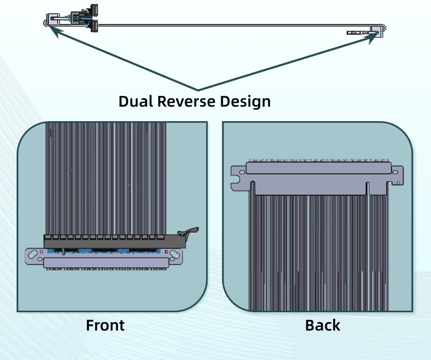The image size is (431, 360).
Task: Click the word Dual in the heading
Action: [x=135, y=101]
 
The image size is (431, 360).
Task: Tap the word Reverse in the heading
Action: [x=186, y=101]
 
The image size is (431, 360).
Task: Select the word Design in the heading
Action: [x=245, y=102]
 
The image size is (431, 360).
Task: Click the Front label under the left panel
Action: [x=105, y=325]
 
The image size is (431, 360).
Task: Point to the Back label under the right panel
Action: [x=322, y=325]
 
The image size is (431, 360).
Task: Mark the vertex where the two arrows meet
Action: [x=198, y=90]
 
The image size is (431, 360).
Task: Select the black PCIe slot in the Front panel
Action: [x=115, y=241]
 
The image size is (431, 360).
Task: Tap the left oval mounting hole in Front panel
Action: [x=33, y=254]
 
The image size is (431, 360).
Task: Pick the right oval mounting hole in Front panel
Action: [x=175, y=254]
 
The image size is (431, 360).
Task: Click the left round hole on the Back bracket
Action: [x=242, y=172]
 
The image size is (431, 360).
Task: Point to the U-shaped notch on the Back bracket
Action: [x=235, y=182]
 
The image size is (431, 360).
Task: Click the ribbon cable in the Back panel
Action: [x=318, y=253]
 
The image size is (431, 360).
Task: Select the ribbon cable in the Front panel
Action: [x=106, y=178]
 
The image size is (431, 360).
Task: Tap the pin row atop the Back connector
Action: [x=319, y=160]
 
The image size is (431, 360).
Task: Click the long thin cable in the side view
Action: [x=234, y=25]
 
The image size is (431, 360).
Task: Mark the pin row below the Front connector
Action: [x=107, y=269]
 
